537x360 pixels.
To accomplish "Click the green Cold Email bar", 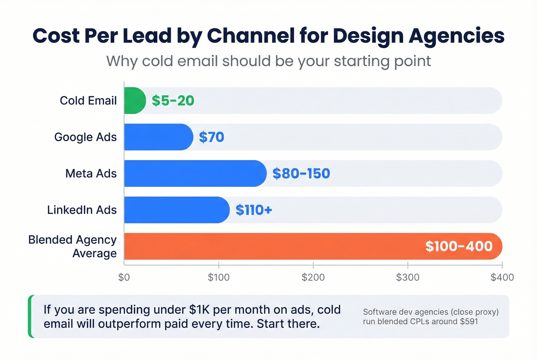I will click(135, 100).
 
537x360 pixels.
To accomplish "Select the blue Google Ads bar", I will click(158, 137).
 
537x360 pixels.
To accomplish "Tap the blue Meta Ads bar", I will click(195, 173).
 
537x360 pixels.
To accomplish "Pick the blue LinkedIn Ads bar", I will click(176, 210).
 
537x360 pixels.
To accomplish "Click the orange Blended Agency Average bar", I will click(268, 246).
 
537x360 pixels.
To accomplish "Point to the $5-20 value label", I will click(173, 100).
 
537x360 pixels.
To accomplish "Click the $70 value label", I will click(211, 137).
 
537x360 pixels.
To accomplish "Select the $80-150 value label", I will click(301, 173).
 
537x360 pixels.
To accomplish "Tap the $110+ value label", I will click(254, 210).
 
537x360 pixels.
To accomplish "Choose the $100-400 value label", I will click(459, 246).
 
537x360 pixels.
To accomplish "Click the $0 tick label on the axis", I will click(124, 277).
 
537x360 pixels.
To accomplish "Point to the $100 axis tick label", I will click(219, 277).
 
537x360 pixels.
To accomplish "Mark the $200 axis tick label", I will click(313, 277).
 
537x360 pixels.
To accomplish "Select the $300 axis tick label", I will click(407, 277).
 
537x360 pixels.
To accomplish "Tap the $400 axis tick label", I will click(502, 277).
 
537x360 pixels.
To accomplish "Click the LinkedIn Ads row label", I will click(82, 210).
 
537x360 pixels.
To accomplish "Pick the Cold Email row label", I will click(88, 100).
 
